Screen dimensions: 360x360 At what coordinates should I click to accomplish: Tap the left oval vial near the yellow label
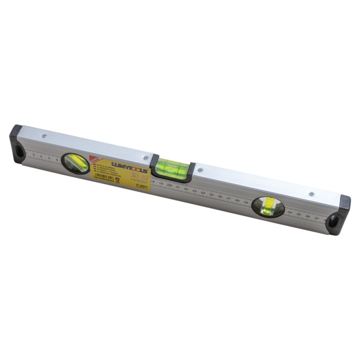click(x=75, y=162)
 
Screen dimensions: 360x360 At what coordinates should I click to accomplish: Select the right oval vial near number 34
click(x=268, y=206)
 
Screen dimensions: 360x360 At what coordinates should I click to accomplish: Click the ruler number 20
click(x=169, y=185)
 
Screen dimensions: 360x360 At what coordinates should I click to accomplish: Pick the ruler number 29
click(x=245, y=201)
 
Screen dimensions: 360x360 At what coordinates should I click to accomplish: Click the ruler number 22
click(x=186, y=188)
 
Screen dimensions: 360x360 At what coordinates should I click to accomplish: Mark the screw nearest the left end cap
click(x=44, y=135)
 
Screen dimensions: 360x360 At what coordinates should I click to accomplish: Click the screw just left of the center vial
click(x=145, y=157)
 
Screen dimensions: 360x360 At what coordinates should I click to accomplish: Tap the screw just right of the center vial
click(x=200, y=170)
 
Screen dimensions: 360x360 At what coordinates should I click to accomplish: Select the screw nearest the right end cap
click(x=311, y=194)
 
